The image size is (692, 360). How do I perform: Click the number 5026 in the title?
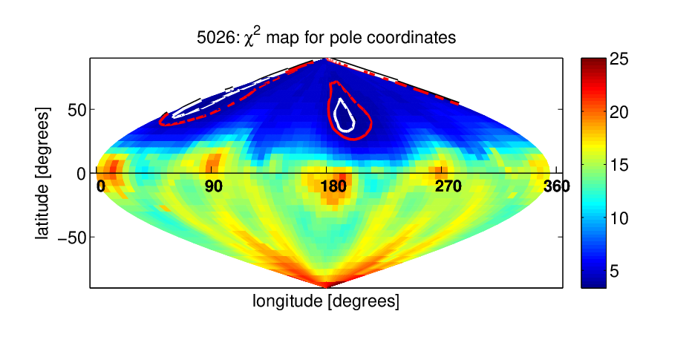click(216, 38)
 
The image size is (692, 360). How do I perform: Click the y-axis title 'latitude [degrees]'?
click(42, 173)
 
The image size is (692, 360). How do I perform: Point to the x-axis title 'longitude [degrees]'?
click(326, 301)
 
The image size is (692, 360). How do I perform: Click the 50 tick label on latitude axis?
click(76, 110)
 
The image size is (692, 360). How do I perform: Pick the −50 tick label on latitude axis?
click(71, 238)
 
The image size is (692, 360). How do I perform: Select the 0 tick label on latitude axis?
click(81, 174)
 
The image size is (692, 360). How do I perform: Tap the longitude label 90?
click(214, 186)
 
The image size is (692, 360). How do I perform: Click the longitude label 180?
click(333, 186)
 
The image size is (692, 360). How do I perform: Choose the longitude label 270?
click(448, 186)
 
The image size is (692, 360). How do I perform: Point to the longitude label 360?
click(557, 186)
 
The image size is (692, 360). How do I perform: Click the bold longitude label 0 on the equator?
click(101, 186)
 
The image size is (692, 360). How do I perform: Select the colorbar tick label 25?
click(618, 59)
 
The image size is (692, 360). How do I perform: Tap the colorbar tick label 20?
click(618, 113)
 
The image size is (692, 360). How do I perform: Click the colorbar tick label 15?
click(618, 166)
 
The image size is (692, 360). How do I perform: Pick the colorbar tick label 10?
click(618, 218)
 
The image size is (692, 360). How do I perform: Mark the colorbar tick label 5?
click(614, 272)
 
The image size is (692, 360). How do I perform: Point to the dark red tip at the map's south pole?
click(326, 285)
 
